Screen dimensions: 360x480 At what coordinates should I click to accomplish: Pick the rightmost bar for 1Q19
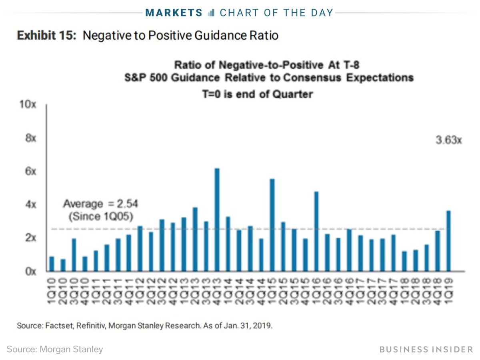(448, 240)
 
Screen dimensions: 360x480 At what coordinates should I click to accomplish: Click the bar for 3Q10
(74, 254)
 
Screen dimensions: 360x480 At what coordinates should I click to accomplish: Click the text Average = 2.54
(100, 204)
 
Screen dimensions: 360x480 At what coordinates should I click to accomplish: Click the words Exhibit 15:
(47, 36)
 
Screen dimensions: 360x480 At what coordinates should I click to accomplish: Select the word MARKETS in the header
(174, 13)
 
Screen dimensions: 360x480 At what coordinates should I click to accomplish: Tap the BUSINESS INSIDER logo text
(426, 349)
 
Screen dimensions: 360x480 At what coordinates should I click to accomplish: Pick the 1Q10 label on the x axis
(52, 292)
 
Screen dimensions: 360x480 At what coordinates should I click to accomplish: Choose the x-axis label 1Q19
(448, 292)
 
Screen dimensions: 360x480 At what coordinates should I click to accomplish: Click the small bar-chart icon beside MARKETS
(212, 13)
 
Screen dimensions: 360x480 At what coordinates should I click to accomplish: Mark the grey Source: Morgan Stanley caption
(55, 349)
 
